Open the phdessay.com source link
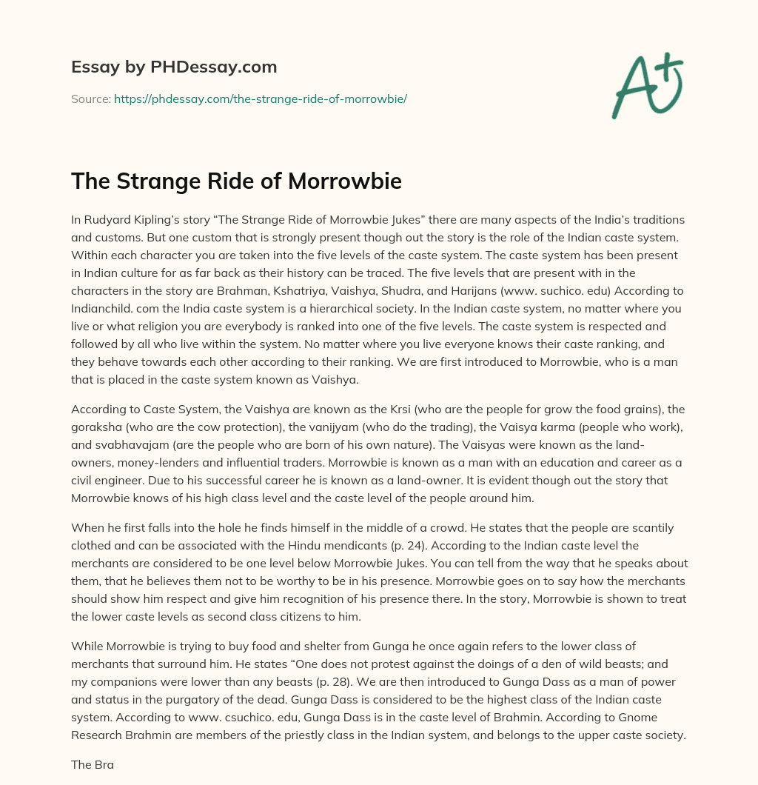click(261, 98)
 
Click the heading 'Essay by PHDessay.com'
click(174, 67)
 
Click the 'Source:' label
click(90, 98)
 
